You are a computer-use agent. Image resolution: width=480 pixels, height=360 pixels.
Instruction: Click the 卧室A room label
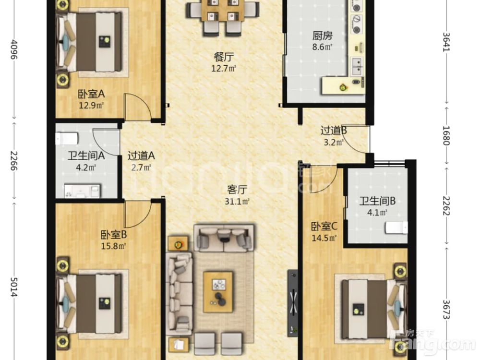point(91,93)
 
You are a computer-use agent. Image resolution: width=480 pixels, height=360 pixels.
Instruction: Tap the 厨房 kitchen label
point(323,36)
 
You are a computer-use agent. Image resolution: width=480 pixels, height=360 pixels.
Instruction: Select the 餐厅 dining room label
point(224,57)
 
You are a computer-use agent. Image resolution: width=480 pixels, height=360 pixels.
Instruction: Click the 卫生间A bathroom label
point(86,156)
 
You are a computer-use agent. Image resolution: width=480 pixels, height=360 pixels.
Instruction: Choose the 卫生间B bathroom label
point(377,201)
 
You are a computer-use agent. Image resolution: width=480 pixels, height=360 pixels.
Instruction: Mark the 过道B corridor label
point(334,131)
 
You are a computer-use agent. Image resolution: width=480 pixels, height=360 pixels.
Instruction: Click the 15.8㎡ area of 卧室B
point(114,246)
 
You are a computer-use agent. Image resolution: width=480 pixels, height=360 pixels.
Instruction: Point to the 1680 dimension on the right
point(446,136)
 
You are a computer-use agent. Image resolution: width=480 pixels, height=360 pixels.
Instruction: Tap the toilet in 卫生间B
point(396,228)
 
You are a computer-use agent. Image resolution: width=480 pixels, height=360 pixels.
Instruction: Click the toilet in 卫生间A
point(66,138)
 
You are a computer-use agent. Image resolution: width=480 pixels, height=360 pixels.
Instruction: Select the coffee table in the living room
point(218,292)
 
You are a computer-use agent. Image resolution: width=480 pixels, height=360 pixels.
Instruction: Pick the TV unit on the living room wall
point(293,303)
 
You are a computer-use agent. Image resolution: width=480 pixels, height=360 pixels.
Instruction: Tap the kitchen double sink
point(357,66)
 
